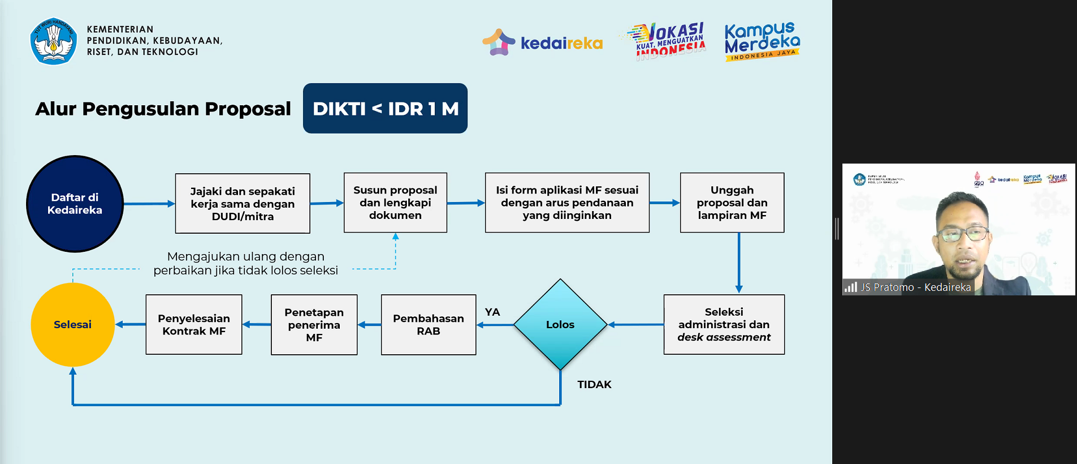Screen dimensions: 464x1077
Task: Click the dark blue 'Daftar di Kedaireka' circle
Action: [x=75, y=204]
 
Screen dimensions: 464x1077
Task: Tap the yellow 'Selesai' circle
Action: [x=72, y=325]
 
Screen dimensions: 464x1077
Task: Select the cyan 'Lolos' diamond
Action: [x=560, y=325]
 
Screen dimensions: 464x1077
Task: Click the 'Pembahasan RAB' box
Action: [x=428, y=325]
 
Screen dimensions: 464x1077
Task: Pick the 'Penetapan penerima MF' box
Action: [x=314, y=325]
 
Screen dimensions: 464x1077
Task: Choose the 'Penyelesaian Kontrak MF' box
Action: [x=193, y=325]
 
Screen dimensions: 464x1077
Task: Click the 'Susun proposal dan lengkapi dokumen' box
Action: [x=395, y=203]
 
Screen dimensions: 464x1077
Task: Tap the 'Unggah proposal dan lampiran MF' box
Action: [x=732, y=203]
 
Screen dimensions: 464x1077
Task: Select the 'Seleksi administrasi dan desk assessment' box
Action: [x=724, y=325]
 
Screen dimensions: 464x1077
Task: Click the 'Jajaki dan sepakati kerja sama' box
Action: [x=243, y=204]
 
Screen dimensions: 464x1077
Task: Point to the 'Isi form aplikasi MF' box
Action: [x=567, y=203]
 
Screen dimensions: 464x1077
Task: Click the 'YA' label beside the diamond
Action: [x=492, y=312]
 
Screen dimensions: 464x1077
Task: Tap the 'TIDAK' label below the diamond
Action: [x=594, y=385]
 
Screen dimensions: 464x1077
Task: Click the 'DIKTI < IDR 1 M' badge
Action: [x=385, y=109]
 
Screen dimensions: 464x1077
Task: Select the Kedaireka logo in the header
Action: [x=542, y=43]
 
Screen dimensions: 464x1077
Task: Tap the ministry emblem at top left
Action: [x=53, y=41]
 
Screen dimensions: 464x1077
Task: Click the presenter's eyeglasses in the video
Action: [x=963, y=233]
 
